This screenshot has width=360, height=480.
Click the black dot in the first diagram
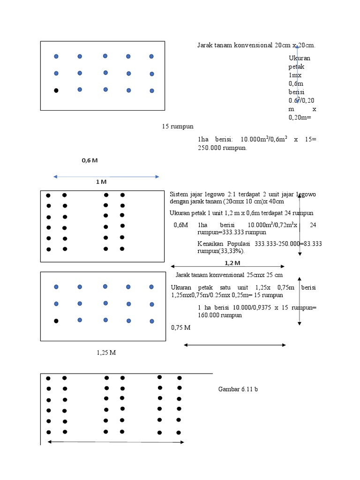click(x=56, y=90)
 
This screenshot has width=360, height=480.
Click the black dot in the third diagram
click(x=56, y=321)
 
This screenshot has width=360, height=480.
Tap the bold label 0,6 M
click(x=90, y=160)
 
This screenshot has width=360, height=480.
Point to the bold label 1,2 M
click(x=232, y=263)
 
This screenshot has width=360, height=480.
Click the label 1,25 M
click(x=106, y=352)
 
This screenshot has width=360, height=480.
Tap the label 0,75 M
click(x=181, y=328)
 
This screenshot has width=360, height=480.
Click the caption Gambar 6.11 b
click(x=238, y=389)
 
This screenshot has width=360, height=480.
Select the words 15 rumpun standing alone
click(x=178, y=127)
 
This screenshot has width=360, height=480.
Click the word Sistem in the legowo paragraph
click(x=179, y=194)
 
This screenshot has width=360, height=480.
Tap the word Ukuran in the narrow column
click(x=300, y=58)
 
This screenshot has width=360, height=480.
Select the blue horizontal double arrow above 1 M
click(x=107, y=177)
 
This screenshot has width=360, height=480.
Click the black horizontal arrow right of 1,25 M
click(x=234, y=345)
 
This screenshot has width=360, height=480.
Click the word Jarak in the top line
click(x=205, y=45)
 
